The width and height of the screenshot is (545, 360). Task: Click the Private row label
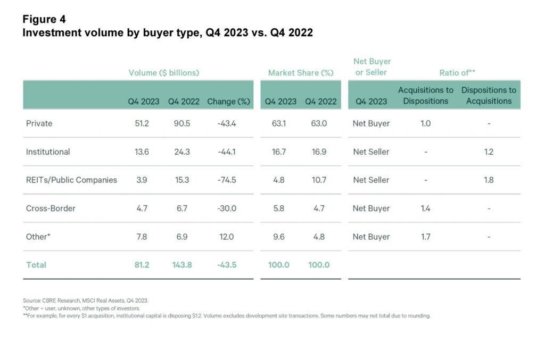point(39,123)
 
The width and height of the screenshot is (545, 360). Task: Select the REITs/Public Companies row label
point(71,180)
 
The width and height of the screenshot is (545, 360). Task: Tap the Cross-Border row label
point(51,208)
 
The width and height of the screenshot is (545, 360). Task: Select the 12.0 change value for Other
point(227,237)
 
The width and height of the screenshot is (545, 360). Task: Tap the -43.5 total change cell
point(227,265)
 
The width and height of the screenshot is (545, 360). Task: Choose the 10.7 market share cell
point(318,180)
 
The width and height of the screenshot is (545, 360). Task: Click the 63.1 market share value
point(278,123)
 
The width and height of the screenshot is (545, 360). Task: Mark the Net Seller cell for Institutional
point(371,152)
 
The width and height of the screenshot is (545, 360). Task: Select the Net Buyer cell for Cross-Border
point(371,208)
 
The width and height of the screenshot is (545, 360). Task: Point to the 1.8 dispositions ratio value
point(489,180)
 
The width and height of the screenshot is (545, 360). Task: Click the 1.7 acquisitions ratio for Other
point(425,237)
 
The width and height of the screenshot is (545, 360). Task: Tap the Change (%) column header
point(228,101)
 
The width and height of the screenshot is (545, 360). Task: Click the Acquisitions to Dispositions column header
point(425,96)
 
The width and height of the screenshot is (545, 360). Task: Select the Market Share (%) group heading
point(301,73)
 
